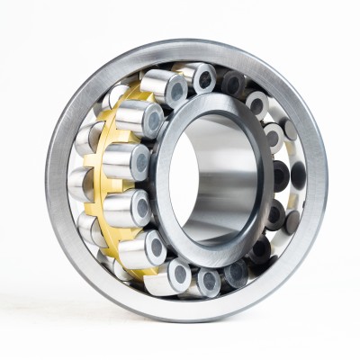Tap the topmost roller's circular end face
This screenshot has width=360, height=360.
click(203, 78)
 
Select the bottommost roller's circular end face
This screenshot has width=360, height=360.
click(209, 280)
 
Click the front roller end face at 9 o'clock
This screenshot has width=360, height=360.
click(139, 163)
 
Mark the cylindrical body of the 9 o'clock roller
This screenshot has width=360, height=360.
click(117, 162)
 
